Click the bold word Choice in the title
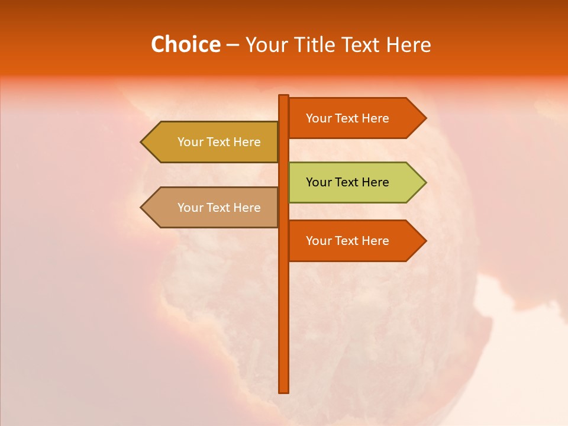pyautogui.click(x=185, y=45)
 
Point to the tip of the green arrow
pyautogui.click(x=425, y=182)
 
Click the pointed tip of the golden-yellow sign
pyautogui.click(x=142, y=142)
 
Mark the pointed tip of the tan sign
pyautogui.click(x=142, y=208)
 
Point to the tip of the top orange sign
pyautogui.click(x=425, y=118)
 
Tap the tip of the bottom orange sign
pyautogui.click(x=425, y=241)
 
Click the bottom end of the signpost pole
pyautogui.click(x=284, y=391)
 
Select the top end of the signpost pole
pyautogui.click(x=284, y=96)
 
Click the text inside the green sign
pyautogui.click(x=347, y=182)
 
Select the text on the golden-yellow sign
pyautogui.click(x=219, y=142)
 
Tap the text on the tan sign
pyautogui.click(x=219, y=208)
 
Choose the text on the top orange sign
pyautogui.click(x=347, y=118)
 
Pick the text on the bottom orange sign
pyautogui.click(x=347, y=241)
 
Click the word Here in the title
pyautogui.click(x=408, y=45)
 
